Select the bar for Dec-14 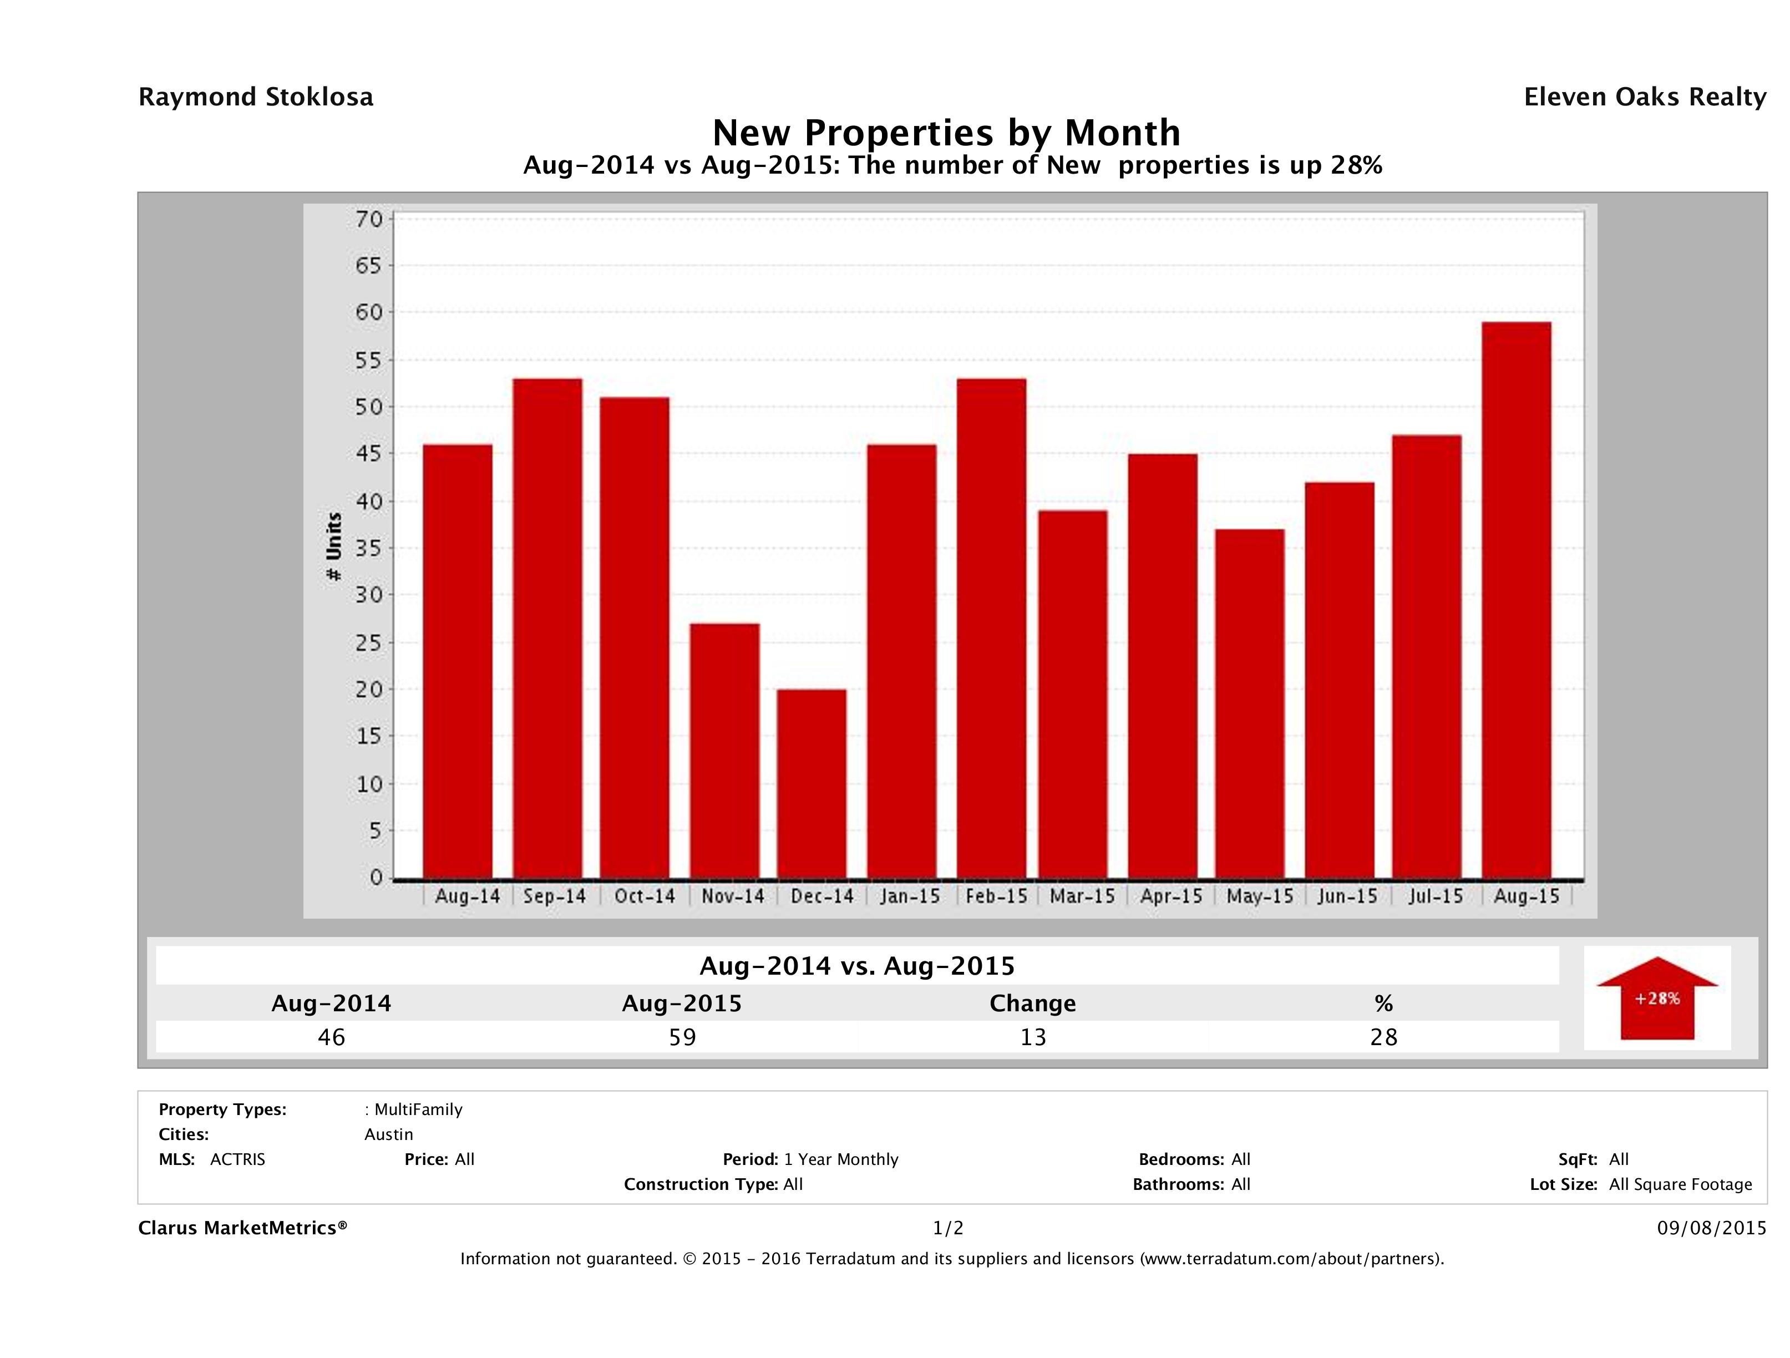pos(811,783)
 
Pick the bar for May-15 pos(1249,703)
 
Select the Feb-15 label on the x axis pos(996,896)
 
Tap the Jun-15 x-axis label pos(1347,896)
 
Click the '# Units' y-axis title pos(333,547)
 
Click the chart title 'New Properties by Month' pos(946,133)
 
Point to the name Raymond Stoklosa pos(256,97)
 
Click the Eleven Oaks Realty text pos(1644,97)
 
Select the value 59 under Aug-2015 pos(682,1037)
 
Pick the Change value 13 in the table pos(1033,1037)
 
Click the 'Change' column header pos(1033,1004)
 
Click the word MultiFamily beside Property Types pos(418,1109)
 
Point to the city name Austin pos(388,1134)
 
